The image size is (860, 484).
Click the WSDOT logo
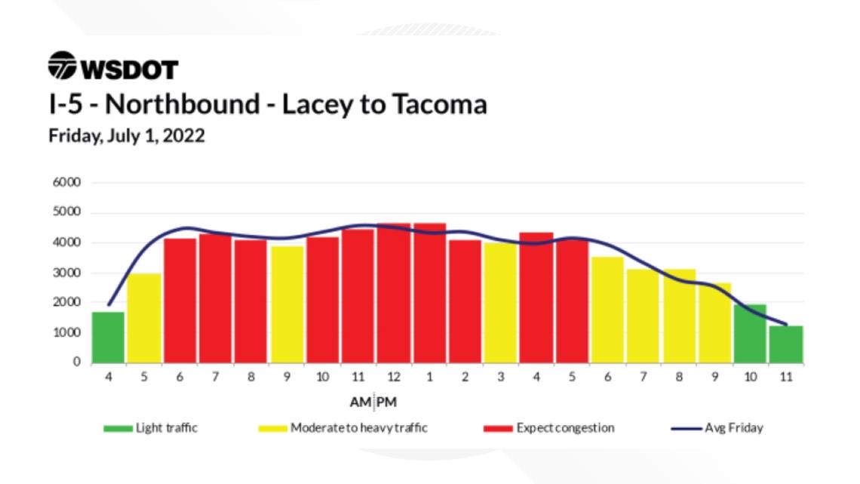pyautogui.click(x=114, y=67)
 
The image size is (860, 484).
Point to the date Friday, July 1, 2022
pyautogui.click(x=127, y=137)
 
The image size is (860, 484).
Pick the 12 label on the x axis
pyautogui.click(x=394, y=378)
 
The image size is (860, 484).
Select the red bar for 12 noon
pyautogui.click(x=394, y=294)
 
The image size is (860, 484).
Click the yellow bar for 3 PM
pyautogui.click(x=501, y=302)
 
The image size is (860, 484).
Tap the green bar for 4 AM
pyautogui.click(x=109, y=338)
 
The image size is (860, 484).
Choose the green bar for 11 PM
pyautogui.click(x=786, y=344)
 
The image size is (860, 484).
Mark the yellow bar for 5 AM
pyautogui.click(x=144, y=318)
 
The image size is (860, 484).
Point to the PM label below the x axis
pyautogui.click(x=387, y=402)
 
